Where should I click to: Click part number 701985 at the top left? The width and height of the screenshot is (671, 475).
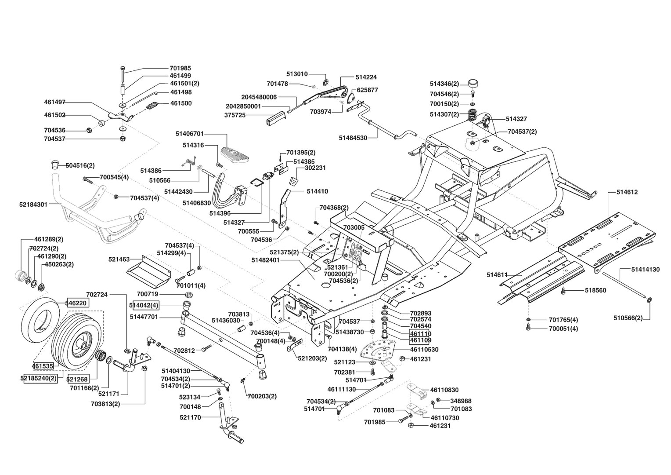pyautogui.click(x=180, y=68)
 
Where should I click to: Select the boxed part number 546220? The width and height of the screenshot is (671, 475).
pyautogui.click(x=76, y=303)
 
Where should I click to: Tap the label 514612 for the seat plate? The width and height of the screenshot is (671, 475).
pyautogui.click(x=627, y=192)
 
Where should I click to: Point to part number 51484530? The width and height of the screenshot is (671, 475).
pyautogui.click(x=353, y=138)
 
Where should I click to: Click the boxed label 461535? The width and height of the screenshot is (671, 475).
pyautogui.click(x=43, y=365)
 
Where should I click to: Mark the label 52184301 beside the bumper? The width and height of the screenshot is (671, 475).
pyautogui.click(x=34, y=204)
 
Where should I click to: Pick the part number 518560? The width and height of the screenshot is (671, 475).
pyautogui.click(x=595, y=290)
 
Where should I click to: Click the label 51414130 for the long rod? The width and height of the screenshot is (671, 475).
pyautogui.click(x=645, y=269)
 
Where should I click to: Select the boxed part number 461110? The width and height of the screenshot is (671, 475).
pyautogui.click(x=420, y=333)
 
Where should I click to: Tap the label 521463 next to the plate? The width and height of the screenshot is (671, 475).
pyautogui.click(x=119, y=259)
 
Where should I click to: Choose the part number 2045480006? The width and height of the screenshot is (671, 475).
pyautogui.click(x=259, y=97)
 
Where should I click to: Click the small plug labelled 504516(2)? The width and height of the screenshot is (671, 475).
pyautogui.click(x=54, y=164)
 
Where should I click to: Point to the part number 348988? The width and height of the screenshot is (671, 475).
pyautogui.click(x=461, y=401)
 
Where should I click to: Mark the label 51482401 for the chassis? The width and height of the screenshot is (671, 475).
pyautogui.click(x=266, y=260)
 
